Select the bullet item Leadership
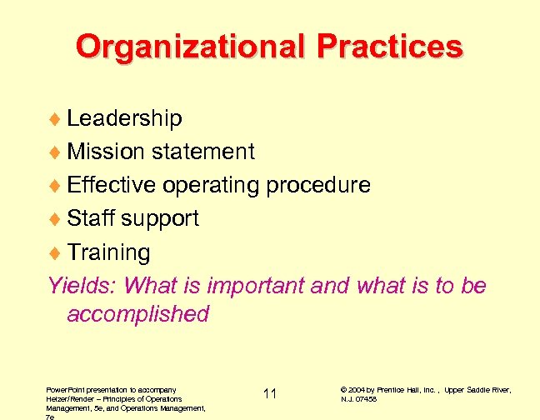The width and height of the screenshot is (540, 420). (124, 118)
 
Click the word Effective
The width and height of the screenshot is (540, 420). (112, 185)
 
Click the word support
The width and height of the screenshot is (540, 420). (160, 219)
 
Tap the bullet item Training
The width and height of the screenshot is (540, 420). (108, 252)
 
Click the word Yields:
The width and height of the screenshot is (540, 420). (82, 285)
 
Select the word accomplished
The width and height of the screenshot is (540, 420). (137, 314)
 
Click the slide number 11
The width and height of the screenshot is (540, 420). (270, 393)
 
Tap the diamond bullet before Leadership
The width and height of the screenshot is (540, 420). (57, 119)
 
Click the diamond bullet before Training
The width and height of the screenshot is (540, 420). (57, 252)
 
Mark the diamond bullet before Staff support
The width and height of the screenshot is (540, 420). (57, 219)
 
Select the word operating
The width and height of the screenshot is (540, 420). (211, 186)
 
